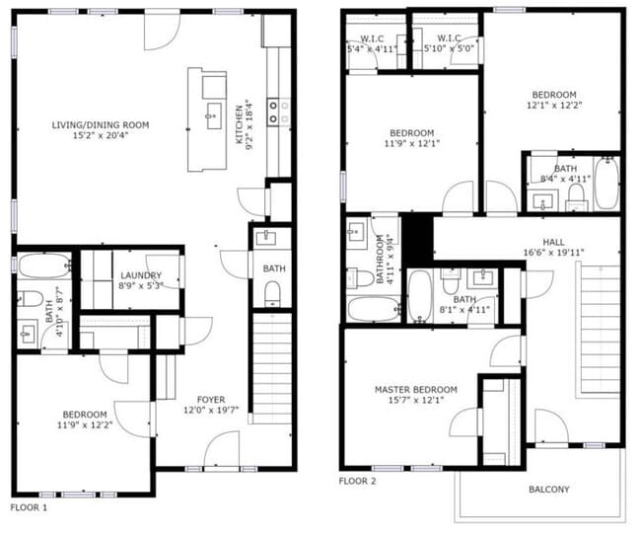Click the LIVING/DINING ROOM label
[101, 125]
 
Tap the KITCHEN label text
[240, 124]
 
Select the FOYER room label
[211, 400]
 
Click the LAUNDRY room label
[141, 275]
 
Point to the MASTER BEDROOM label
[416, 389]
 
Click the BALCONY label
[549, 490]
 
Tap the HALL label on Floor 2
[553, 242]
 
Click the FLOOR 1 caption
[29, 508]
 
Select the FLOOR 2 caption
[357, 482]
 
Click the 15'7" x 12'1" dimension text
[416, 400]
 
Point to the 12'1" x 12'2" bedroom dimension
[554, 106]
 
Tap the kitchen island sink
[214, 115]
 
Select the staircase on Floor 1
[272, 368]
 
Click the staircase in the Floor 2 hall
[600, 330]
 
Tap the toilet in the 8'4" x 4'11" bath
[577, 196]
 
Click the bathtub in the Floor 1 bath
[44, 267]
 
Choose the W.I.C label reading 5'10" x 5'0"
[449, 43]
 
